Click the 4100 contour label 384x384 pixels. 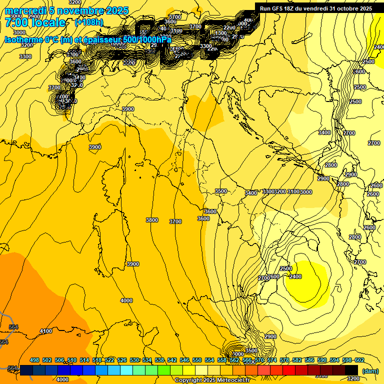point(46,331)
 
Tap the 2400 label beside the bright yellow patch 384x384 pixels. point(295,276)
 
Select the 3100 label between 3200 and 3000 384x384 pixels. point(293,192)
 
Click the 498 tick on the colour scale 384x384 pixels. point(34,360)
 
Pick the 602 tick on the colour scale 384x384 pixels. point(359,360)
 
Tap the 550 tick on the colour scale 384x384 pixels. point(197,360)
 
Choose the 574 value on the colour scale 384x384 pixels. point(272,360)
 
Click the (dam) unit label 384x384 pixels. point(370,371)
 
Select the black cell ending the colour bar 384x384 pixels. point(351,369)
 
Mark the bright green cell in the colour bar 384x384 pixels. point(163,369)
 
